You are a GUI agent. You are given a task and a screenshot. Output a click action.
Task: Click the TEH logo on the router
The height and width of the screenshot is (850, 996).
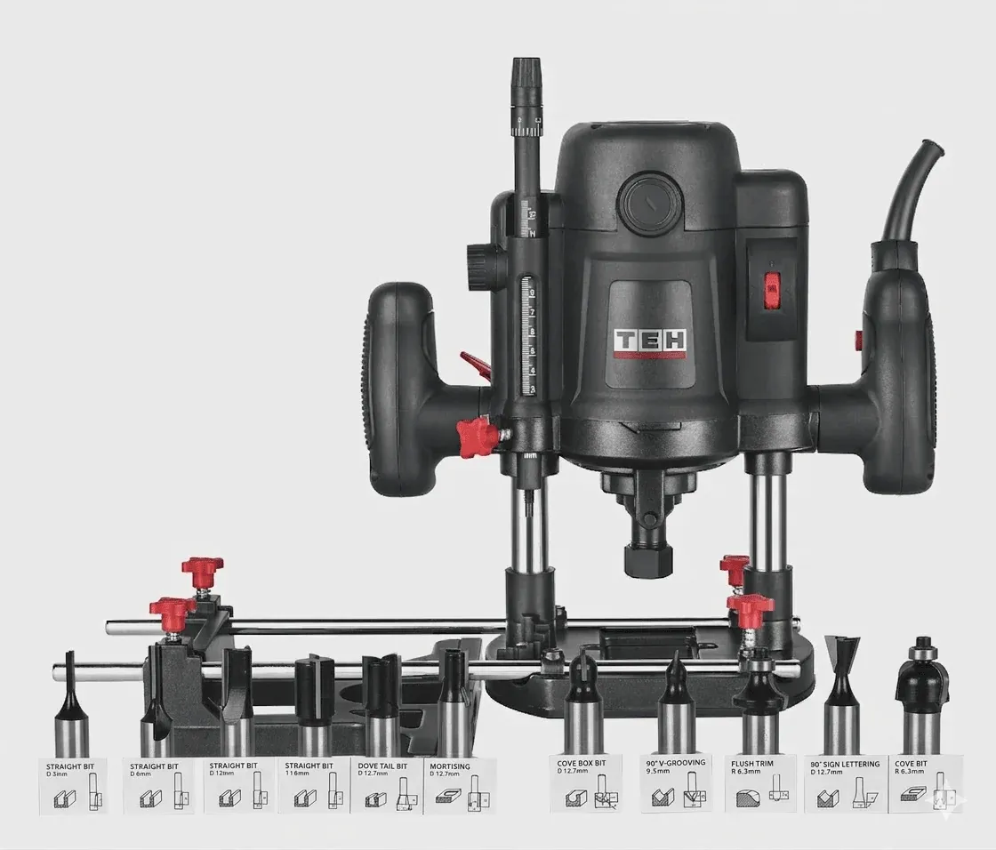point(649,340)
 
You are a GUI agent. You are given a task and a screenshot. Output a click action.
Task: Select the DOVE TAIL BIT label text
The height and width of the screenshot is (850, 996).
point(383,764)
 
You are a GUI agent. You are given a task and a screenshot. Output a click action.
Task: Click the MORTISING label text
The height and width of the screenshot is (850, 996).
point(449,764)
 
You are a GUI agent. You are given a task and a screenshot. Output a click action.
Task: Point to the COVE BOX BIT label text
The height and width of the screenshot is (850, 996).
point(582,762)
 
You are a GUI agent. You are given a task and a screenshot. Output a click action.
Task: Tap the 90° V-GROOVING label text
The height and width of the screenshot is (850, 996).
point(676,762)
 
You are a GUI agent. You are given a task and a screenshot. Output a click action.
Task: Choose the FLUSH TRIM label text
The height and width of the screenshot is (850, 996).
point(751,763)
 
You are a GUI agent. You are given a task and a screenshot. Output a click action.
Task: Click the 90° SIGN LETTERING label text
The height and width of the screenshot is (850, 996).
point(845,763)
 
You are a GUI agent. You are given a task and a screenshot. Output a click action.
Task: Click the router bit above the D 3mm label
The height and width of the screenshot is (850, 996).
point(71,711)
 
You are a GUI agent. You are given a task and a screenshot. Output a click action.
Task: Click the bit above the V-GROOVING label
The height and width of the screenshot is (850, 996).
point(676,702)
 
